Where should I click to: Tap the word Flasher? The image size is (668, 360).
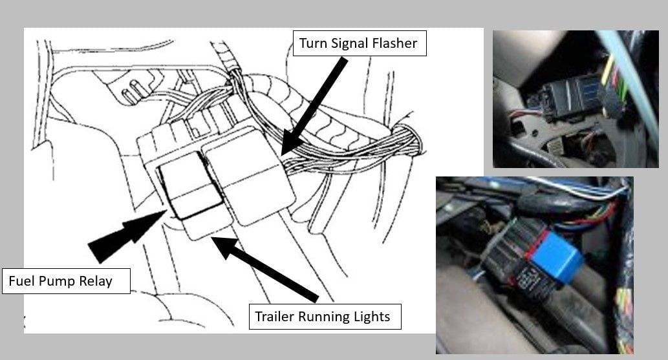tap(396, 44)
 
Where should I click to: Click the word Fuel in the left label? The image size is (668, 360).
tap(20, 281)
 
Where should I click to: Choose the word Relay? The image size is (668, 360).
tap(94, 281)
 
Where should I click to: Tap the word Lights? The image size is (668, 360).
tap(372, 317)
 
